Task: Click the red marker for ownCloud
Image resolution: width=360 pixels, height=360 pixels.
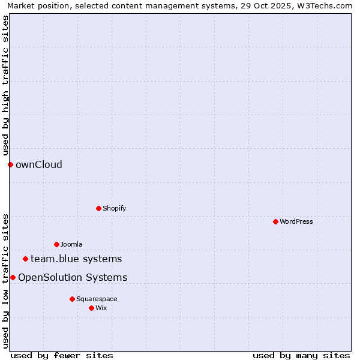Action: [10, 164]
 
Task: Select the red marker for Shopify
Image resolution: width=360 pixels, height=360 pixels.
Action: [98, 208]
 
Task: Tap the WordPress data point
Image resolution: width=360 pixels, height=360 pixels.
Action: [275, 221]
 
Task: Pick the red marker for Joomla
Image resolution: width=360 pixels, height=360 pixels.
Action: [56, 244]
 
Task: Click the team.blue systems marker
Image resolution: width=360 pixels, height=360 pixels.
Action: [25, 259]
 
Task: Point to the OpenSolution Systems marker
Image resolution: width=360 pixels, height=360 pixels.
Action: [13, 277]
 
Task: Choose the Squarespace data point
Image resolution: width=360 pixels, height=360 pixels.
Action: [72, 299]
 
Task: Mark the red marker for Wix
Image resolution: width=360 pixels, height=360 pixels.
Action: [91, 308]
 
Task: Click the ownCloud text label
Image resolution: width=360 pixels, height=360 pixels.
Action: [39, 164]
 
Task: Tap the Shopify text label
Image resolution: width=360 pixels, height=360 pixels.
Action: [114, 208]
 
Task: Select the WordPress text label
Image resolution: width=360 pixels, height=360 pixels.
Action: [296, 221]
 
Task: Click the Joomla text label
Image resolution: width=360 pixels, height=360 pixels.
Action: [71, 244]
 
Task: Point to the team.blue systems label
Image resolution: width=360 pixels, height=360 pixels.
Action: [76, 259]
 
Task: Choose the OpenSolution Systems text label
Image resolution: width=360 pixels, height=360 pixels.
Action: [73, 277]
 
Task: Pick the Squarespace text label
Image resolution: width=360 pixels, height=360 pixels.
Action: [97, 299]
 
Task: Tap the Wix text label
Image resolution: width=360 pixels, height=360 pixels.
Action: [101, 308]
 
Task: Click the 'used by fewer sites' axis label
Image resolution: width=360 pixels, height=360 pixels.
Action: [62, 355]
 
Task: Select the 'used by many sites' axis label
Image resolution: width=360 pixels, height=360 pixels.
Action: [301, 355]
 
